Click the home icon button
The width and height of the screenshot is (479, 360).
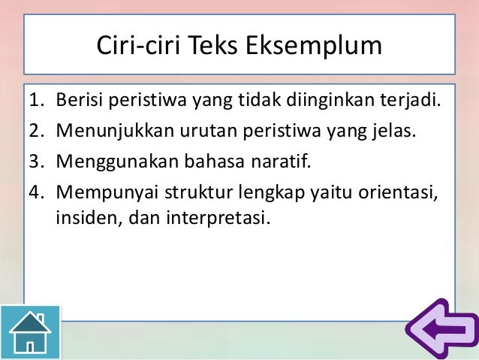(30, 331)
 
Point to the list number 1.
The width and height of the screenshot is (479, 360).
(36, 101)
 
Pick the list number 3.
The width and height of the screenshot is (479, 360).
(36, 161)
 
